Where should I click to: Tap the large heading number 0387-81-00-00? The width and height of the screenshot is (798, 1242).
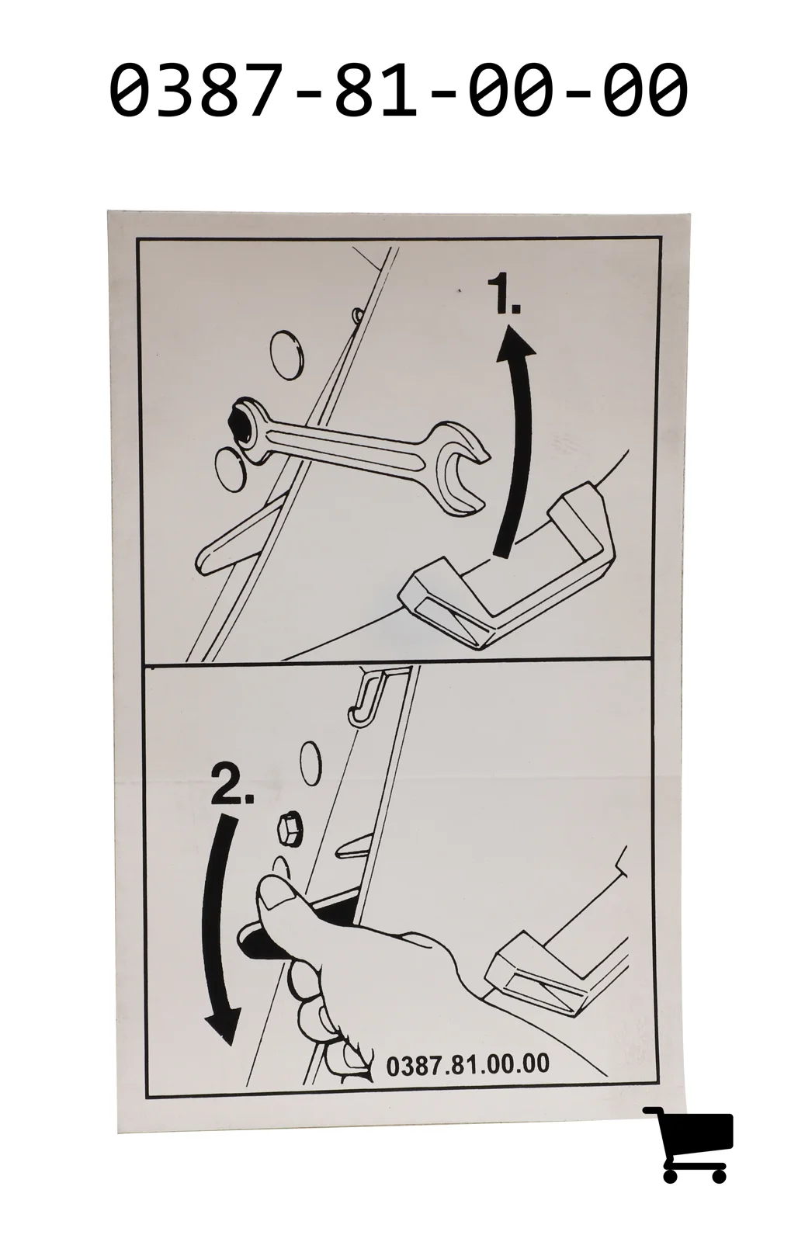398,90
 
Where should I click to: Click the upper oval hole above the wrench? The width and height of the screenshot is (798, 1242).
286,356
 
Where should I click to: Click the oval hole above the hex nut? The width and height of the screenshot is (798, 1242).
311,764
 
